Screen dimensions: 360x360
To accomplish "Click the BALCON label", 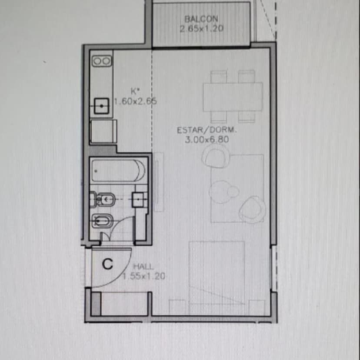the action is (201, 19).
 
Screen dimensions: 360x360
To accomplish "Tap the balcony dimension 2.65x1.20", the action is (202, 29).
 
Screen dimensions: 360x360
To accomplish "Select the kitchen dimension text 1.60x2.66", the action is (136, 101).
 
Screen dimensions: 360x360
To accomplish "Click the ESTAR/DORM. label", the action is (207, 130).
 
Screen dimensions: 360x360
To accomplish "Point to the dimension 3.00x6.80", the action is (207, 140).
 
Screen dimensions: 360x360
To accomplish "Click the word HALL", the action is (143, 267).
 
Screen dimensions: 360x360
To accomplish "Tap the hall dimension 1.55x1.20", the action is (144, 276).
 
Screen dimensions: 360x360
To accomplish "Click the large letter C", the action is (107, 264).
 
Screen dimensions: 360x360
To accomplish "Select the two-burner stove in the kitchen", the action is (102, 61).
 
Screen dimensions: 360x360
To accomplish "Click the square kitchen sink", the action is (101, 106).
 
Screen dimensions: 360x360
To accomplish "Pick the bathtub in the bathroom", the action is (118, 170).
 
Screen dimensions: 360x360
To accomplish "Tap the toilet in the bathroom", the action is (103, 199).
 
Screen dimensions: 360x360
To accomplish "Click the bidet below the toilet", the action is (103, 221).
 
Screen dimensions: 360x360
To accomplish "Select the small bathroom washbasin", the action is (139, 200).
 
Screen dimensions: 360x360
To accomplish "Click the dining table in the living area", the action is (233, 97).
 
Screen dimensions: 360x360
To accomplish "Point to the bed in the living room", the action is (217, 278).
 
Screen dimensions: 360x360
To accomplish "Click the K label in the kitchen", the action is (135, 91).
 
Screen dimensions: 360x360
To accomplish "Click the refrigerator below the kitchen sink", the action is (103, 131).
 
